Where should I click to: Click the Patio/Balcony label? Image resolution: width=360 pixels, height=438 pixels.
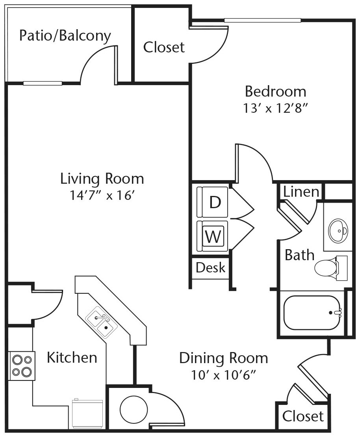click(x=65, y=36)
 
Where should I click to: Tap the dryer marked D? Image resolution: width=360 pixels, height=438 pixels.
click(x=213, y=202)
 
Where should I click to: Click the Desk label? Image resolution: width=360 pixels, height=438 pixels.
click(x=210, y=268)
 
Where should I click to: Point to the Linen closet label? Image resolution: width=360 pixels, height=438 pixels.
click(x=301, y=192)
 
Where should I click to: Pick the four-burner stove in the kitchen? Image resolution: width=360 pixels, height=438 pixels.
click(x=22, y=365)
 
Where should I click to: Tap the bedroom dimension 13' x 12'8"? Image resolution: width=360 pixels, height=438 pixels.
click(x=275, y=108)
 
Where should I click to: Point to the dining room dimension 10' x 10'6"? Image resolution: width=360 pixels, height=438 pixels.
click(x=223, y=375)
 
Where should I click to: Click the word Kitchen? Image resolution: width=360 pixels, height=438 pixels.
click(x=72, y=358)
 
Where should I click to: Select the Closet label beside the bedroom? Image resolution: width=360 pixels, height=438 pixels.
click(x=163, y=47)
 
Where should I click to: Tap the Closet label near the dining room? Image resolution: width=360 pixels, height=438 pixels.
click(x=303, y=416)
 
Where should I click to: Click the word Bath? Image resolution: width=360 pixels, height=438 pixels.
click(x=299, y=255)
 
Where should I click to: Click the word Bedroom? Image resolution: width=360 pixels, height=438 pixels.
click(x=275, y=91)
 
